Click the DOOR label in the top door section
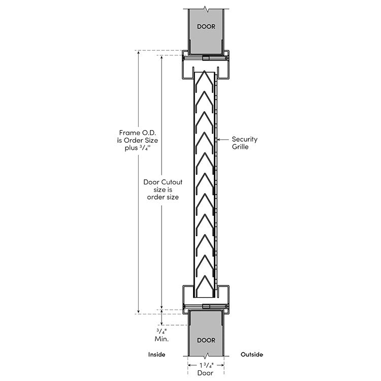click(206, 26)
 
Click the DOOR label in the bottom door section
click(206, 340)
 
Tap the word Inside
click(157, 355)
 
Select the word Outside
click(252, 355)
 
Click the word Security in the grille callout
click(244, 140)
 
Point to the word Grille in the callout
click(240, 147)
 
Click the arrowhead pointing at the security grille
click(218, 140)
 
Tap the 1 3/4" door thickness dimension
click(206, 365)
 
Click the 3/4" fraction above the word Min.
click(162, 331)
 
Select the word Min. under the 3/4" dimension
click(162, 339)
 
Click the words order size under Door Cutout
click(163, 197)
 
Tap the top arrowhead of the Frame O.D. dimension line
click(139, 52)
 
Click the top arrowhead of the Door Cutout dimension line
click(162, 57)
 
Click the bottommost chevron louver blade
click(205, 285)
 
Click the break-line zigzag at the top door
click(206, 10)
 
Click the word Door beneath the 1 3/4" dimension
click(205, 373)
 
